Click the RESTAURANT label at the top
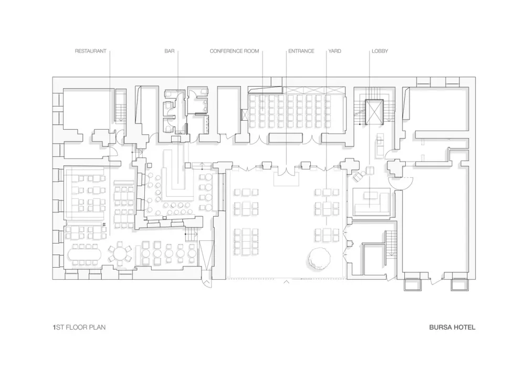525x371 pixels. pos(90,51)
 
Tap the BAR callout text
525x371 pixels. pos(169,51)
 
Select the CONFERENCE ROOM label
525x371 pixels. pos(234,51)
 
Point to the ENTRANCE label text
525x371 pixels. pos(301,51)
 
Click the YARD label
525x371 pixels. pos(334,51)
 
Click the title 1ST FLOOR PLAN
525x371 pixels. pos(79,327)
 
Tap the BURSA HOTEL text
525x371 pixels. pos(452,327)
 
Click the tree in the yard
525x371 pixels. pos(320,258)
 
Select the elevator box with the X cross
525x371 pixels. pos(375,111)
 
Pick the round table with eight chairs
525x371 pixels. pos(120,254)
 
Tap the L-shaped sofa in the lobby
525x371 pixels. pos(371,202)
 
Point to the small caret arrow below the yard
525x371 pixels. pos(286,282)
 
